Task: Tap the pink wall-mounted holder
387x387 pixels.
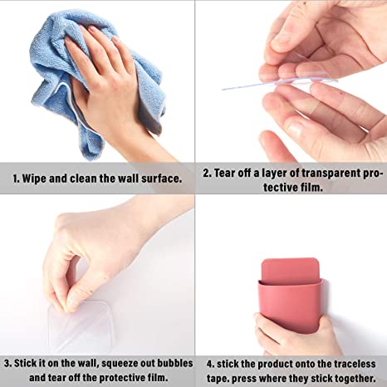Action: tap(291, 296)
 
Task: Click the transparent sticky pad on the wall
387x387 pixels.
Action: tap(80, 326)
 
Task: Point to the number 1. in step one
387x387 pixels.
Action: tap(16, 179)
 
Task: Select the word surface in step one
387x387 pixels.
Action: tap(162, 179)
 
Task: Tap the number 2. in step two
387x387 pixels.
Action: tap(208, 174)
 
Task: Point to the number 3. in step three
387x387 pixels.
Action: tap(7, 363)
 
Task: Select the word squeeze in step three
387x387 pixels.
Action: tap(120, 364)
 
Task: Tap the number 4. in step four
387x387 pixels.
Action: tap(210, 365)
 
